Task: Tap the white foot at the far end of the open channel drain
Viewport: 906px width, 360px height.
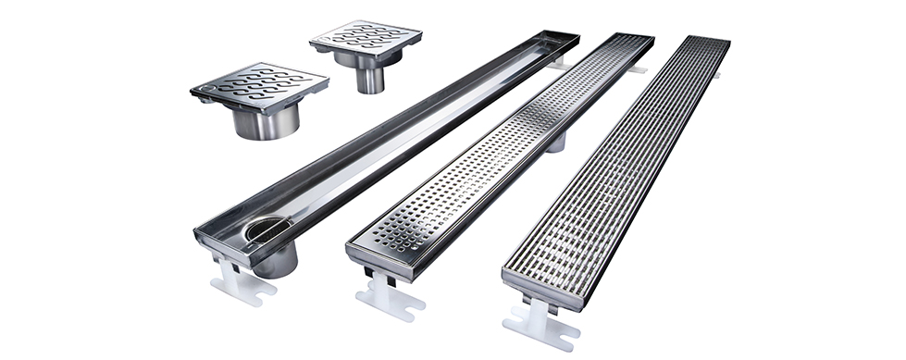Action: pos(557,63)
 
